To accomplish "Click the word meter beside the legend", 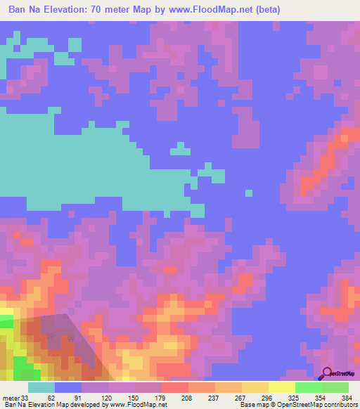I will pos(11,398).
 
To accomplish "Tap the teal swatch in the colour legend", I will pos(41,387).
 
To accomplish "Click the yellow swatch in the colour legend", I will pos(282,387).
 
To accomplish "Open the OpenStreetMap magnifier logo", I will pos(328,374).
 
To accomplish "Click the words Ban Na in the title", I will pos(18,9).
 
